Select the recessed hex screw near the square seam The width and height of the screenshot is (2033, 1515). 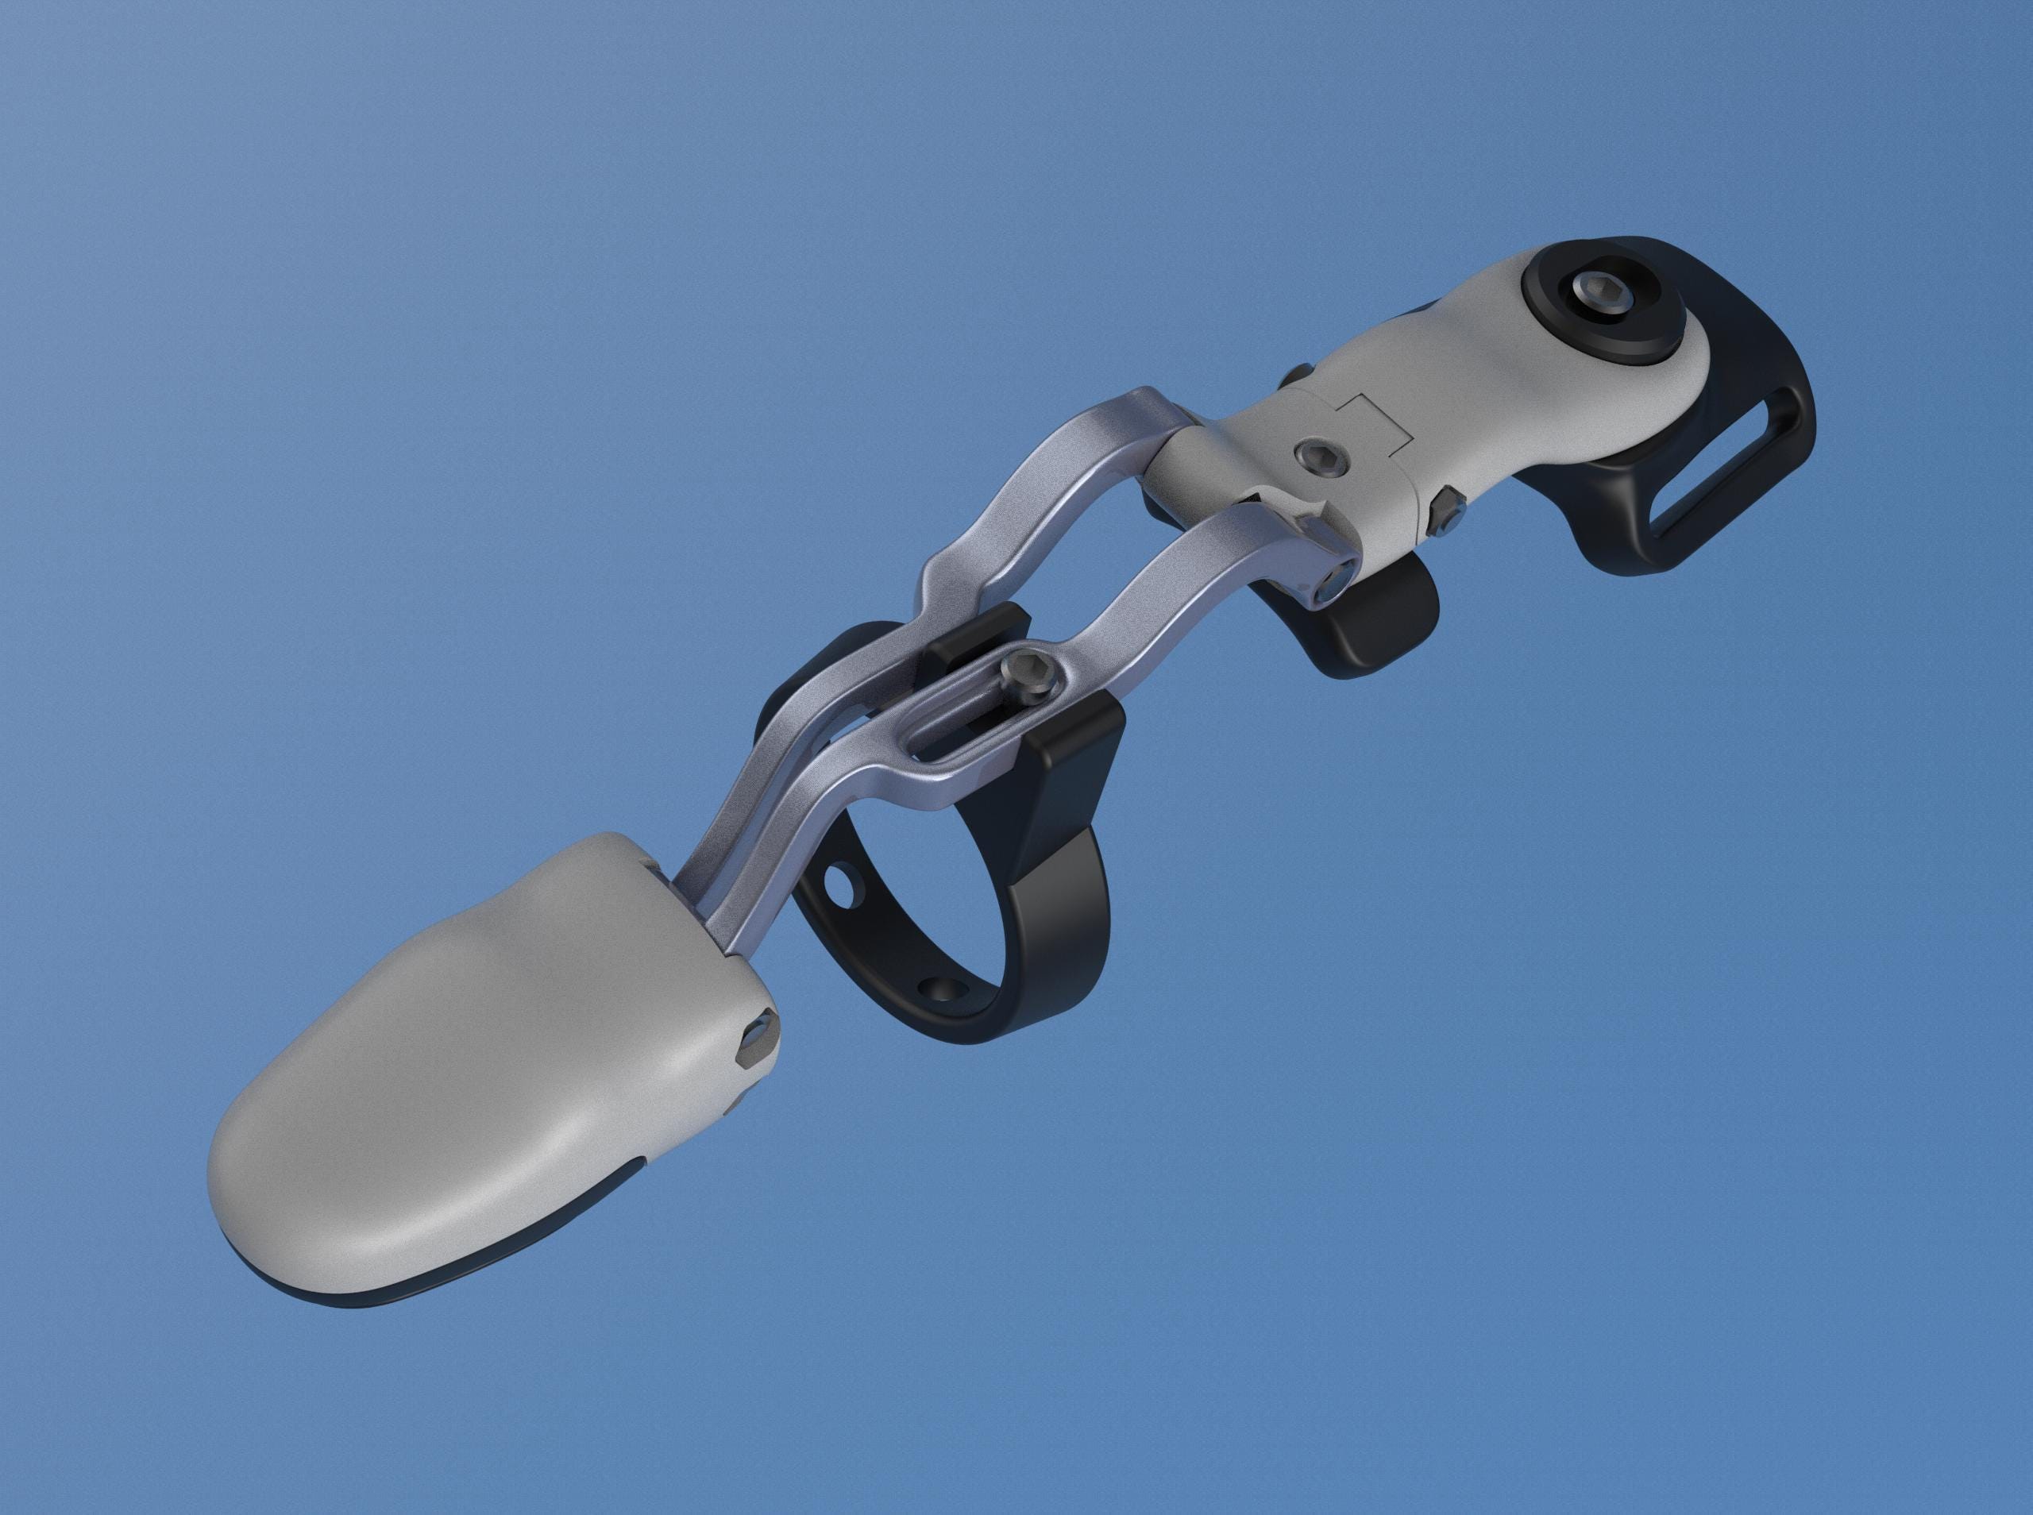[x=1321, y=457]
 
